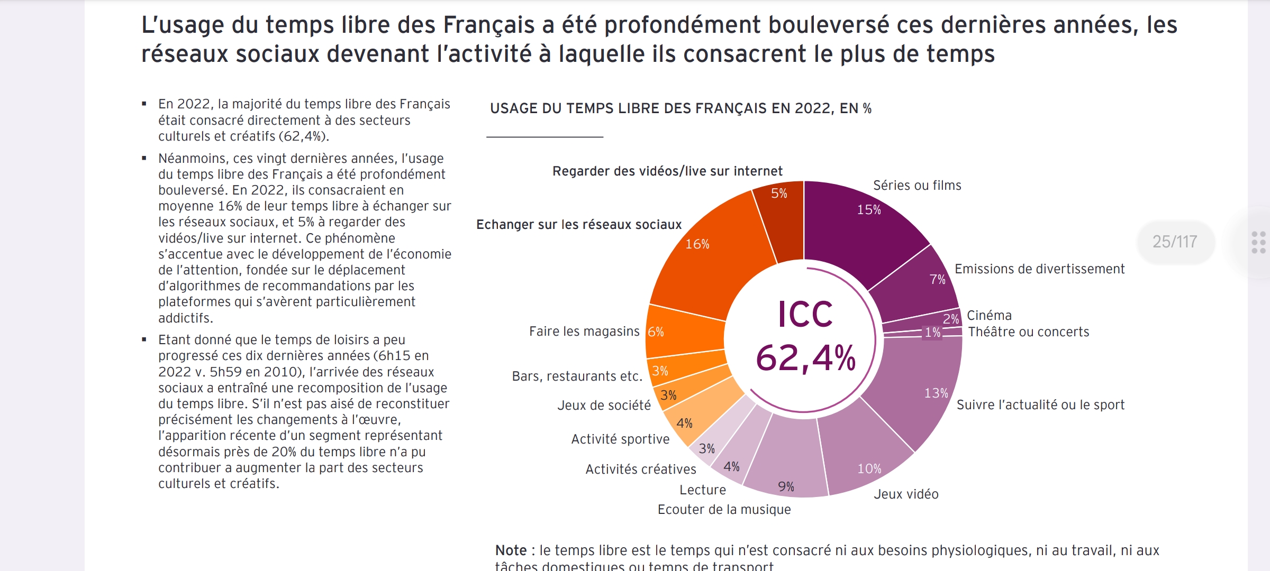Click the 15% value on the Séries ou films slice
pos(869,210)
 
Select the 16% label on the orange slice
pos(697,244)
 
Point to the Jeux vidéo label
pos(906,494)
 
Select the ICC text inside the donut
pos(805,315)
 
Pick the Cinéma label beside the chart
pos(989,316)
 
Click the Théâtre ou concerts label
pos(1028,332)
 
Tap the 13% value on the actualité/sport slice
pos(936,393)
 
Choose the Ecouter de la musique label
pos(724,510)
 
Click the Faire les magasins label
pos(584,331)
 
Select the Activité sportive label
pos(620,439)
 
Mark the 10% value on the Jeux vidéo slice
pos(869,469)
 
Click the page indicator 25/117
pos(1175,242)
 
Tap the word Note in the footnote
pos(511,550)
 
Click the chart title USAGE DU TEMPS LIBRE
pos(680,108)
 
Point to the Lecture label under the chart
pos(702,490)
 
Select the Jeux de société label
pos(604,406)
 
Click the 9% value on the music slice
pos(786,487)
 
